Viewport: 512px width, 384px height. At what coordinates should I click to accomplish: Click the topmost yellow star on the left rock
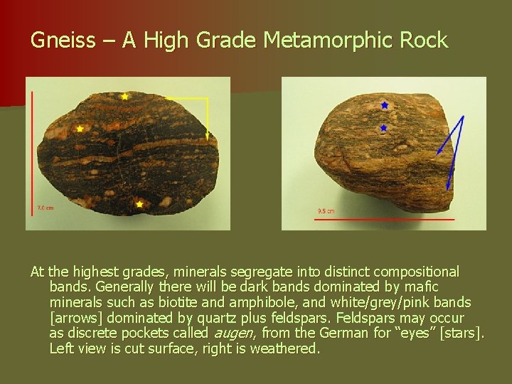pyautogui.click(x=125, y=96)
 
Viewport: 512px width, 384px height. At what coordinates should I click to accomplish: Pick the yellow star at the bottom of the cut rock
pyautogui.click(x=139, y=205)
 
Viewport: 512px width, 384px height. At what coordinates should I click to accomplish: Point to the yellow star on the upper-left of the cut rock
pyautogui.click(x=80, y=129)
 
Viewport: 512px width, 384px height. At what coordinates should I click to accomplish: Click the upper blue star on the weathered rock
pyautogui.click(x=385, y=105)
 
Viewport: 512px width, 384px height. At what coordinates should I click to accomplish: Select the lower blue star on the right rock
pyautogui.click(x=383, y=129)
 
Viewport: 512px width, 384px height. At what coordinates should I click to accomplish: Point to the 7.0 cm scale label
pyautogui.click(x=44, y=208)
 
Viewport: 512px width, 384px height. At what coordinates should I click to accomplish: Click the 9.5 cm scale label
pyautogui.click(x=326, y=211)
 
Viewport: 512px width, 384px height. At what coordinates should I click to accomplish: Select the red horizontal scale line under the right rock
pyautogui.click(x=385, y=219)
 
